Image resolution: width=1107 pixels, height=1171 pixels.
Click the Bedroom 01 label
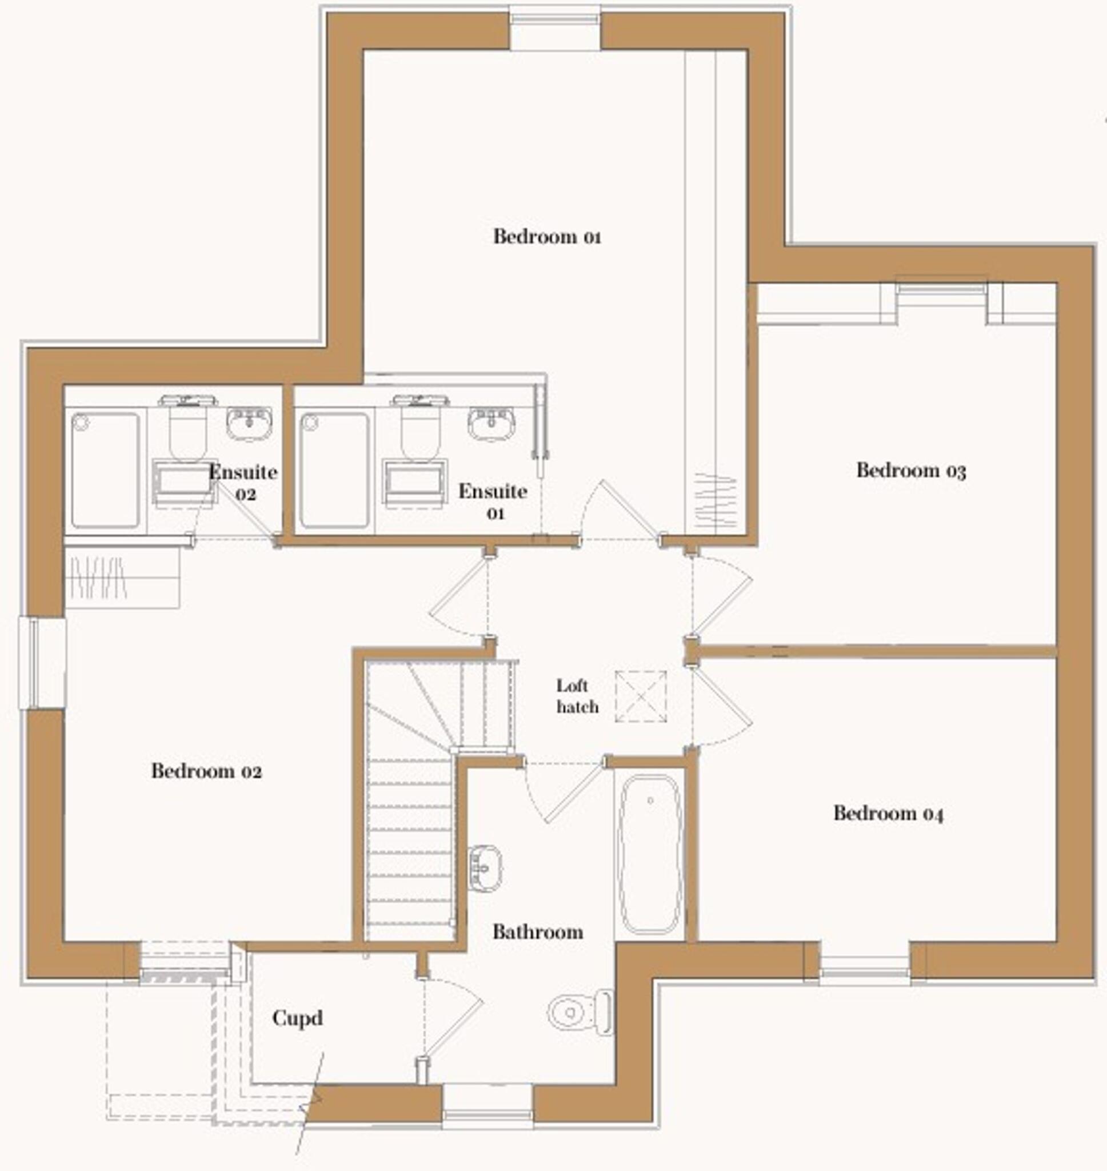[547, 237]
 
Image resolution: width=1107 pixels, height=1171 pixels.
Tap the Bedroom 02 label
[206, 771]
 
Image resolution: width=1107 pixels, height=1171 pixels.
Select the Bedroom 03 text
[911, 471]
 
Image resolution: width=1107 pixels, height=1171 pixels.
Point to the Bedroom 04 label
[888, 813]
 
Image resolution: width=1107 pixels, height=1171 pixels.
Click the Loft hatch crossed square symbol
[641, 696]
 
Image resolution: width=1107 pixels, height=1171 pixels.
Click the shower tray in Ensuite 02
[105, 470]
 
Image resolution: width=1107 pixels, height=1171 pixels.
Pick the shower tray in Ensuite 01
[334, 470]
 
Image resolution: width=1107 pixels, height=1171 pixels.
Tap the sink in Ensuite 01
[491, 423]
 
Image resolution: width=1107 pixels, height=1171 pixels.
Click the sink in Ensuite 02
[249, 423]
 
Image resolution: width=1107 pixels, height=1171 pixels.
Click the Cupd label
[297, 1018]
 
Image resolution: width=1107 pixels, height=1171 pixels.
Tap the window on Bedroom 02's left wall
[42, 662]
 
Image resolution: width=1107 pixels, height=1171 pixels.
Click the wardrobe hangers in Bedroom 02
[98, 577]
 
